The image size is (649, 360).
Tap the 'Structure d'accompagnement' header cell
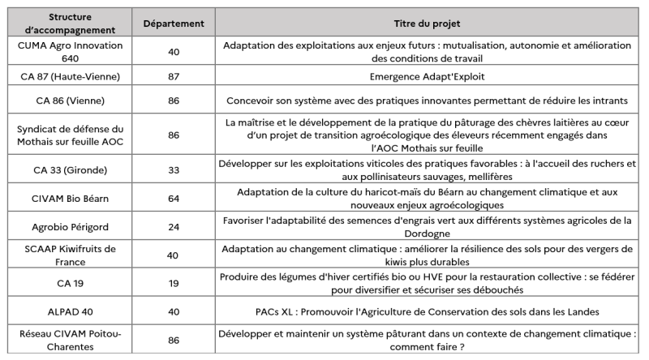click(70, 23)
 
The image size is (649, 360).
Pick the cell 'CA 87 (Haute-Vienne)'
click(70, 76)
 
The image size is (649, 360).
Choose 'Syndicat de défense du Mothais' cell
click(70, 135)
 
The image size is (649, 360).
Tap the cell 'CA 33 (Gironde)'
click(70, 170)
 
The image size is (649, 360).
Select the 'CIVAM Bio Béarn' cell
click(70, 199)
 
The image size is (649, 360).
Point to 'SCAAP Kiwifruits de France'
click(70, 255)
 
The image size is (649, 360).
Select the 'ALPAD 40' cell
click(70, 309)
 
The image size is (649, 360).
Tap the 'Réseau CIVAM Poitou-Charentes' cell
click(70, 338)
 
